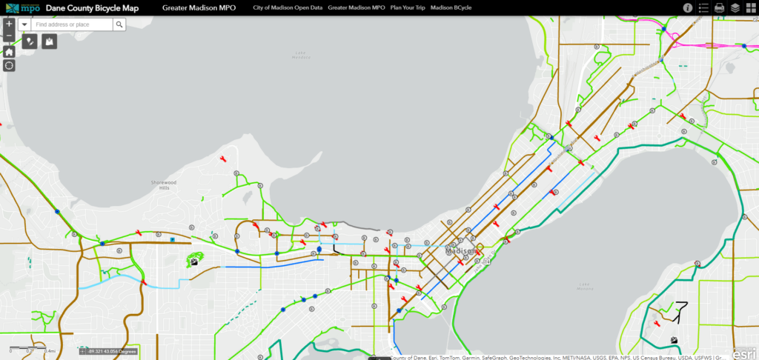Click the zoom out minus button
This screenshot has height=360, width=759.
[9, 36]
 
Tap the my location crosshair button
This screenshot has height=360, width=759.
[9, 65]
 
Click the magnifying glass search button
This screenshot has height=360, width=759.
[119, 24]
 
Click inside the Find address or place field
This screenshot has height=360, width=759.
[72, 24]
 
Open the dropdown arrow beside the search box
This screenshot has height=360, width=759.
[24, 24]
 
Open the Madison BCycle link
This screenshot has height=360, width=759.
[452, 7]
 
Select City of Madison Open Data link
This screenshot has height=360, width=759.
[288, 7]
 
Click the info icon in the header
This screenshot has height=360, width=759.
[688, 7]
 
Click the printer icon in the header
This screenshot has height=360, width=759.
[719, 7]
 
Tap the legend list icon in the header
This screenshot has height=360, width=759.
[703, 7]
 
